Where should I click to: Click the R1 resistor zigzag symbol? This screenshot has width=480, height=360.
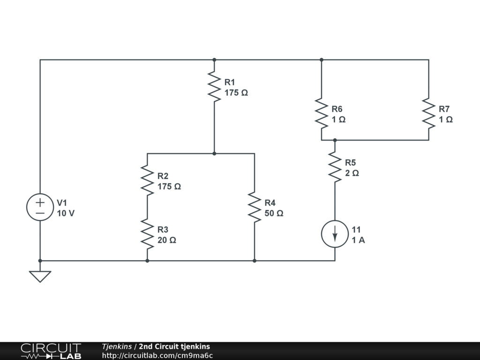pos(214,87)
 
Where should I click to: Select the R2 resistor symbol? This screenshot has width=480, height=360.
pos(147,180)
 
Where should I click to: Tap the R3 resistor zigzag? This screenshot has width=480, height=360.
pos(147,234)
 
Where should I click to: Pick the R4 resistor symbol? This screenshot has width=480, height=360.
pos(255,207)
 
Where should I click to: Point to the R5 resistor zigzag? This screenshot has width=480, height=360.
pos(335,167)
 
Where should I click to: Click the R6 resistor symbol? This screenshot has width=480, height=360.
pos(322,113)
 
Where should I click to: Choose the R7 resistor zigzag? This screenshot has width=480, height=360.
pos(428,113)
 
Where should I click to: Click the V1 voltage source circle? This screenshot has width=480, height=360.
pos(40,207)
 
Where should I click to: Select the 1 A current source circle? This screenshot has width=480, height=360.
pos(335,234)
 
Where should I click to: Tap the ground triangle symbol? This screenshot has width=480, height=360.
pos(40,277)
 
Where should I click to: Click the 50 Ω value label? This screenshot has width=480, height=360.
pos(274,213)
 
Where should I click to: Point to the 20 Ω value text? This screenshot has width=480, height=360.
pos(167,240)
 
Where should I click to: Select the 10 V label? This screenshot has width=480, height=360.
pos(66,213)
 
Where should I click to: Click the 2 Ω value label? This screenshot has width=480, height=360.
pos(352,173)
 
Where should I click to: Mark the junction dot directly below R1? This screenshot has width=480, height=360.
pos(214,153)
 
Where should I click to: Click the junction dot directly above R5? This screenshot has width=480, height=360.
pos(335,140)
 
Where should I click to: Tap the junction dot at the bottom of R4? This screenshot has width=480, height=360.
pos(255,261)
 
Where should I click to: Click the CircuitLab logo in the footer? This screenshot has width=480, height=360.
pos(51,351)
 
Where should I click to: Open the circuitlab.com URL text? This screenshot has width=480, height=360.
pos(157,355)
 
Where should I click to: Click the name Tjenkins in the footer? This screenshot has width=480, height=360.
pos(117,346)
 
